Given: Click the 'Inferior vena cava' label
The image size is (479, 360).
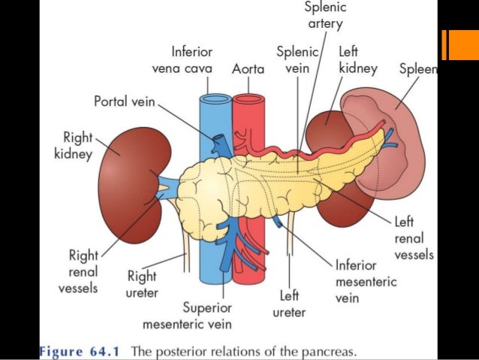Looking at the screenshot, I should click(181, 60).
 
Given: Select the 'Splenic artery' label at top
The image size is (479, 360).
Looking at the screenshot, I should click(324, 16).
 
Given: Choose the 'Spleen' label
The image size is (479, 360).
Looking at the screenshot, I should click(417, 68).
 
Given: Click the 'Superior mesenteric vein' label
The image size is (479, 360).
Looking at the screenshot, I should click(187, 316).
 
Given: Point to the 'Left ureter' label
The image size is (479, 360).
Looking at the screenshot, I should click(289, 302).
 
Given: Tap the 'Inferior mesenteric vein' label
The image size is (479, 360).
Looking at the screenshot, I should click(366, 282).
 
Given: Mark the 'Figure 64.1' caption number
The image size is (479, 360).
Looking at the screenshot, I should click(82, 351).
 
